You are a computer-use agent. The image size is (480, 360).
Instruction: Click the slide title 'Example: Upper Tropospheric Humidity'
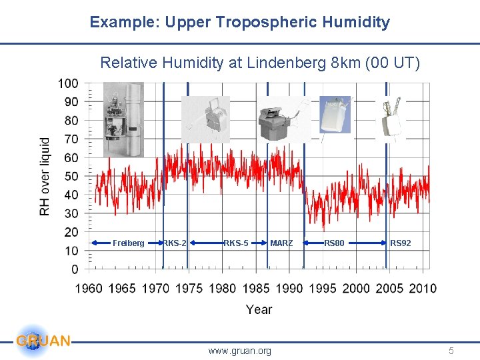click(x=240, y=22)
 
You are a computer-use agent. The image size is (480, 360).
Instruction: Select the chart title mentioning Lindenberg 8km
click(x=260, y=63)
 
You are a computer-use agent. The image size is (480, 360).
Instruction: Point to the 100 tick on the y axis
click(x=67, y=83)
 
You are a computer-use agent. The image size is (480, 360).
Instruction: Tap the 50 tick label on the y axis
click(x=70, y=176)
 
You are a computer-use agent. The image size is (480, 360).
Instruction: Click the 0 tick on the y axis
click(x=75, y=269)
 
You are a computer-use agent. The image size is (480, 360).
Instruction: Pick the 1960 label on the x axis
click(x=89, y=288)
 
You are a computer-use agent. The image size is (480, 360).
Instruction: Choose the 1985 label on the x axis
click(x=256, y=288)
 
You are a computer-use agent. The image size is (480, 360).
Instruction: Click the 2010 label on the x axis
click(x=423, y=288)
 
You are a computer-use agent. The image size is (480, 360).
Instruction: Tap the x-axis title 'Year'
click(x=259, y=309)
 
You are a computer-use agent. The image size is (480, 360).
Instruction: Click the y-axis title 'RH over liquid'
click(x=45, y=177)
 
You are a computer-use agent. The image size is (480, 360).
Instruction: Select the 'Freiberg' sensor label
click(x=128, y=243)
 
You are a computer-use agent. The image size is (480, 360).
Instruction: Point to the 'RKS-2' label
click(x=175, y=243)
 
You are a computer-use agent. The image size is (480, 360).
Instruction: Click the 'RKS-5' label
click(x=236, y=243)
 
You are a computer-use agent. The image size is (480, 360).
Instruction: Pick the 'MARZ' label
click(x=281, y=243)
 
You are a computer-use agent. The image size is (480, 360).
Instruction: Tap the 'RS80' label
click(x=334, y=243)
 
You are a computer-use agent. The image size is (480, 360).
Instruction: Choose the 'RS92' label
click(x=401, y=243)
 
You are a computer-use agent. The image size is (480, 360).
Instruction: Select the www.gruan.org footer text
click(x=240, y=351)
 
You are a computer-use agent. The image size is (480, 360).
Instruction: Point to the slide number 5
click(x=451, y=351)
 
